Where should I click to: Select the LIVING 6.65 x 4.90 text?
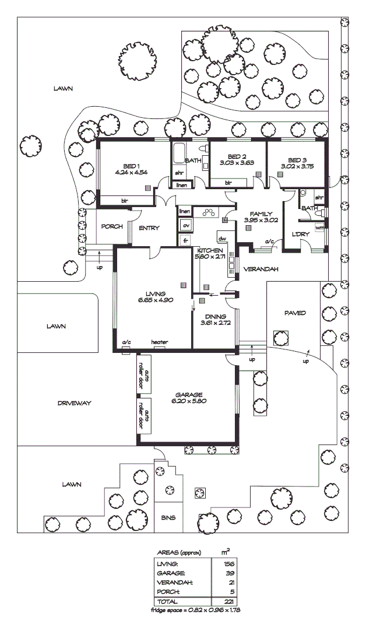[156, 297]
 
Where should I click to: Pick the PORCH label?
[111, 227]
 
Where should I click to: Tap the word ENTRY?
[149, 228]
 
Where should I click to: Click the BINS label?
[168, 517]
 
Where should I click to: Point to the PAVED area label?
[294, 313]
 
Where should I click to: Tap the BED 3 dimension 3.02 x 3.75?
[297, 166]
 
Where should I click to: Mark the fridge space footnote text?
[195, 611]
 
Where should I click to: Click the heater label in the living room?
[159, 342]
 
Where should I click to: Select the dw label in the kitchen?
[222, 239]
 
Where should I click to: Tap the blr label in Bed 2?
[228, 183]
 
